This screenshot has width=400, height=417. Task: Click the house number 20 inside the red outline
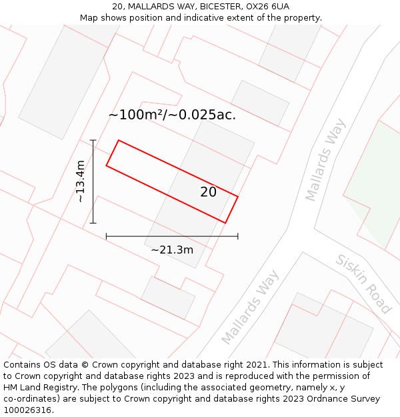coord(208,192)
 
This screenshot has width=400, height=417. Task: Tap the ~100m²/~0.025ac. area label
coord(172,115)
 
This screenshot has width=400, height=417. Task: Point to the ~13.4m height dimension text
coord(80,181)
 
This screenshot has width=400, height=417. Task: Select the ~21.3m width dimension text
coord(172,250)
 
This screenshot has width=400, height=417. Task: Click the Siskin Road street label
coord(363,284)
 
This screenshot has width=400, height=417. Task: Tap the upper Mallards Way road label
coord(326,159)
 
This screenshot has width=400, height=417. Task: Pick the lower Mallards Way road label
coord(250,307)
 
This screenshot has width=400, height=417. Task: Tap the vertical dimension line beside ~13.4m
coord(93,181)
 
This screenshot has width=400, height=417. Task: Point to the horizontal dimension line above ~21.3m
coord(172,236)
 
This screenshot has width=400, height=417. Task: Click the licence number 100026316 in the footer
coord(27,410)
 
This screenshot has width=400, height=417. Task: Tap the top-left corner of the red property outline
coord(119,141)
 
